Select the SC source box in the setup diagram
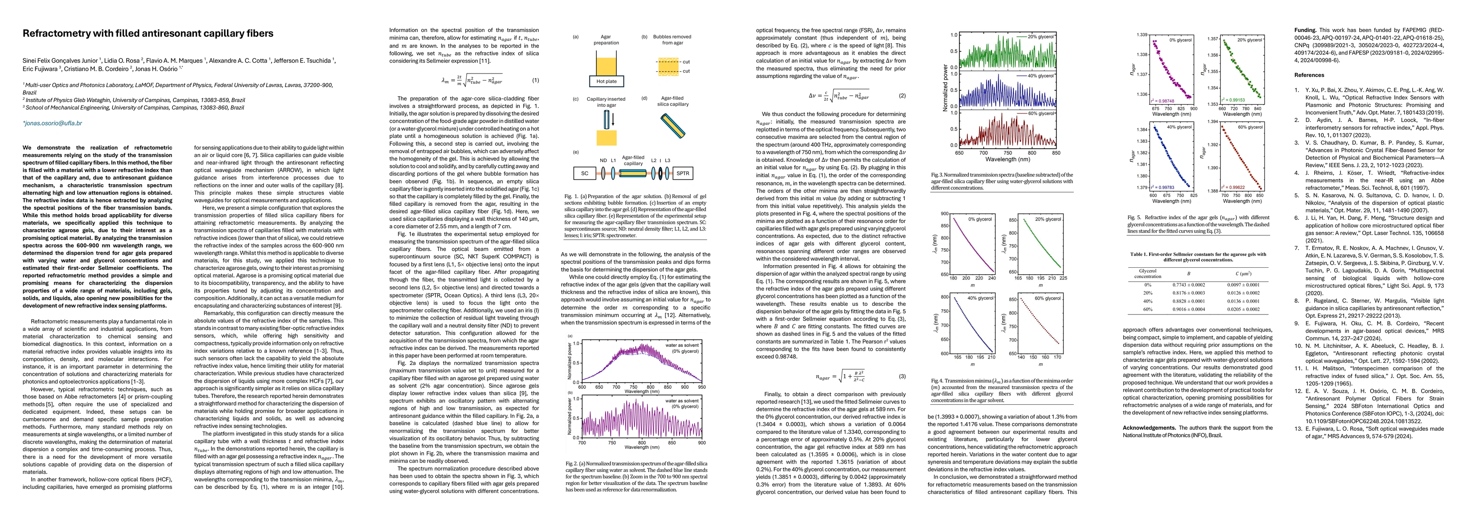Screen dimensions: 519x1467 pyautogui.click(x=584, y=173)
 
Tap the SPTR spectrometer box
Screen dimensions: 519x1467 pyautogui.click(x=682, y=173)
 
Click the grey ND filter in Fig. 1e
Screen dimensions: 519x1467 pyautogui.click(x=602, y=173)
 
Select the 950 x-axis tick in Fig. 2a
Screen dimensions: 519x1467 pyautogui.click(x=701, y=387)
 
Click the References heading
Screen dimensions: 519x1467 pyautogui.click(x=1308, y=75)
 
